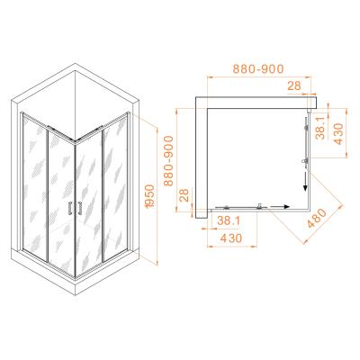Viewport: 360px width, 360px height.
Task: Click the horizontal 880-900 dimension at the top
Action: click(258, 69)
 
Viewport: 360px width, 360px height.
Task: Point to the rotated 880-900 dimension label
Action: click(169, 161)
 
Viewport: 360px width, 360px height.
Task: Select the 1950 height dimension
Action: click(150, 196)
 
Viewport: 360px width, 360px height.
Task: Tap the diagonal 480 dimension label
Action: click(317, 219)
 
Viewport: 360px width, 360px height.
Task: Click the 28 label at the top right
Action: click(294, 86)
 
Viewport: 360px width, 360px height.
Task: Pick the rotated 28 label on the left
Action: click(184, 195)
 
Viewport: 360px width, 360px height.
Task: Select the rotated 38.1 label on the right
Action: click(320, 128)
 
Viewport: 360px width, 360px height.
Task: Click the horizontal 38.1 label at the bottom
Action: click(229, 221)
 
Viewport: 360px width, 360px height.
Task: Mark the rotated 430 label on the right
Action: click(338, 134)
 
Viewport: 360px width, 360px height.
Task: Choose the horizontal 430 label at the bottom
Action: click(231, 238)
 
